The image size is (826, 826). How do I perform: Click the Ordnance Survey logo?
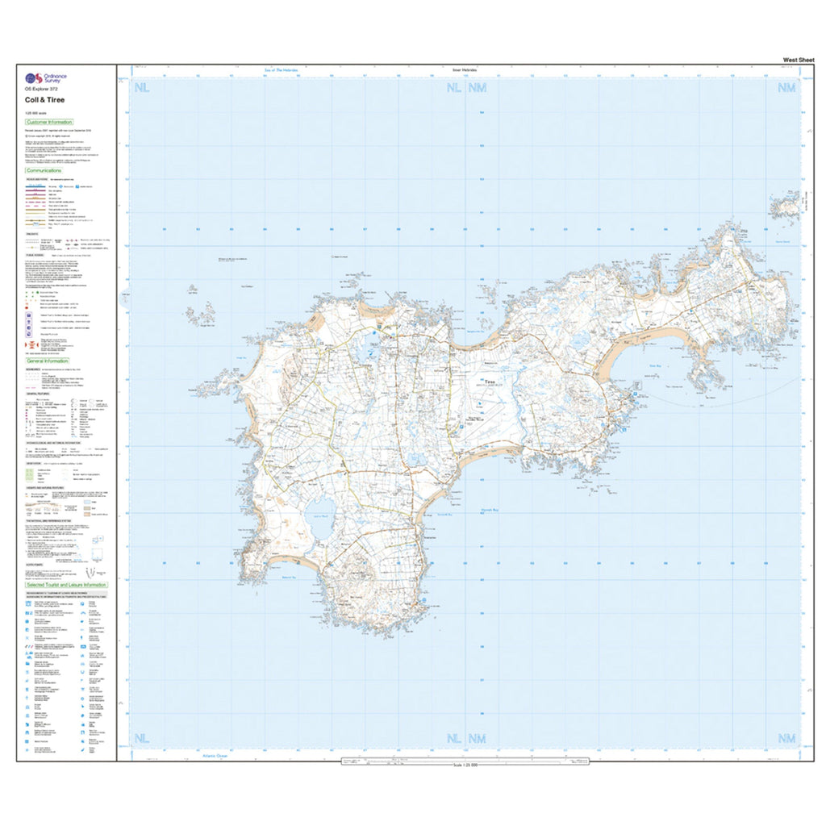pos(46,78)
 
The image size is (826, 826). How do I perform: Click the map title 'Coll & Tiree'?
pos(45,100)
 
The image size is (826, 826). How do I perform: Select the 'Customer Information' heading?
pos(49,122)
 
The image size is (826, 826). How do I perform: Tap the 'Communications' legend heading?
pos(44,171)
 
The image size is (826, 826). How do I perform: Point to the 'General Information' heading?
pos(48,361)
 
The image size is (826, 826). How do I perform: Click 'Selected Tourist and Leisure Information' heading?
pos(66,585)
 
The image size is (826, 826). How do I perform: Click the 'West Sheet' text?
pos(798,60)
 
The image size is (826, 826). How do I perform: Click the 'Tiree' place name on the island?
pos(489,382)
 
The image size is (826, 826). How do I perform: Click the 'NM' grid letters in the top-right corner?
pos(785,87)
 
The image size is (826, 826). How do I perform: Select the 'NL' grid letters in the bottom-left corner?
pos(143,738)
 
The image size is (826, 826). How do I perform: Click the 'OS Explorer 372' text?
pos(41,90)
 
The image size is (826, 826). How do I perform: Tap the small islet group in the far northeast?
pos(782,206)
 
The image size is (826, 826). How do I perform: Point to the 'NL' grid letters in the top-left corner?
pos(143,87)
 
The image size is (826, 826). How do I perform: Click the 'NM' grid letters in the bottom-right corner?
pos(785,738)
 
